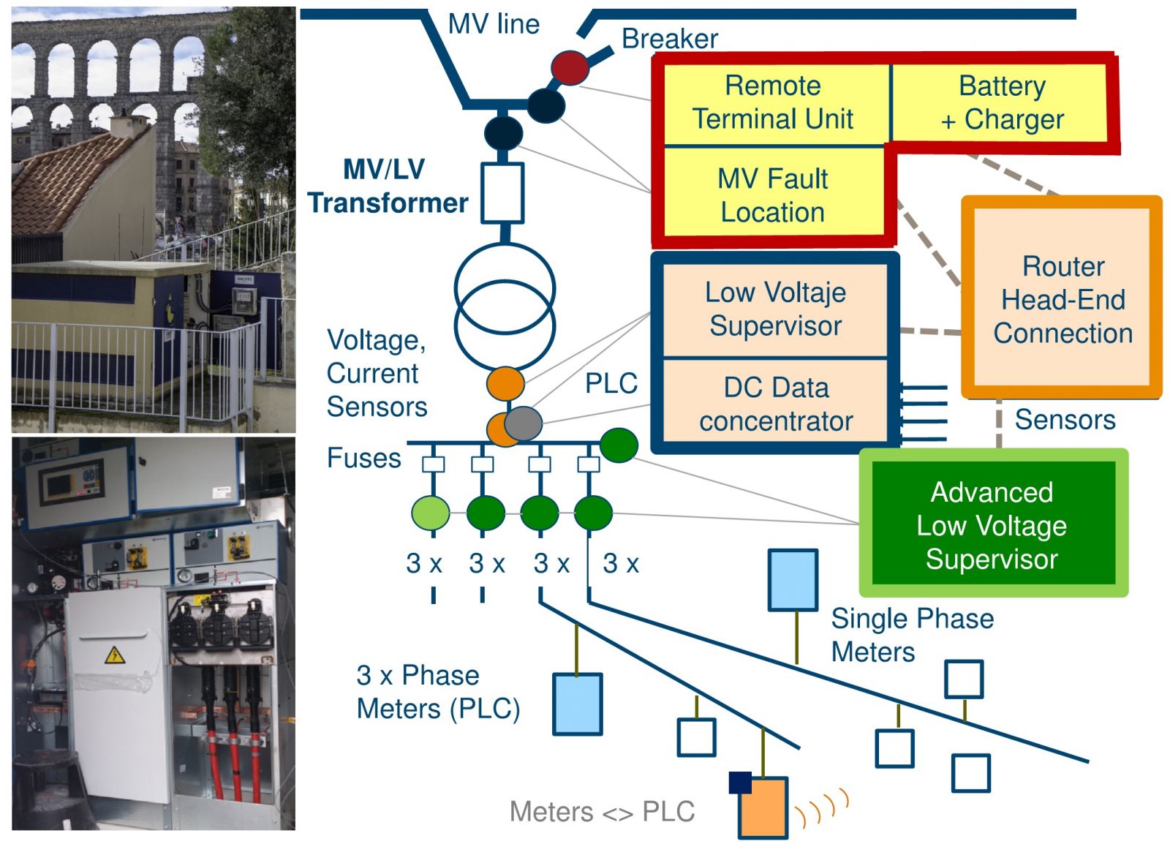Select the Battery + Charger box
(x=1000, y=102)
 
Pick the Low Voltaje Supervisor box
(x=775, y=310)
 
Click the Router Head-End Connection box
(x=1063, y=298)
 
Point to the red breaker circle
(x=570, y=68)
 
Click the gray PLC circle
(x=523, y=423)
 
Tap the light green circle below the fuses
(x=431, y=513)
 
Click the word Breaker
(x=670, y=39)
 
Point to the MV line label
(x=494, y=24)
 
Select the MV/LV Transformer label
(x=387, y=186)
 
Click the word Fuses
(x=364, y=458)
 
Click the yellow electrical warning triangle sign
(x=114, y=655)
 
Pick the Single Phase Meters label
(x=912, y=635)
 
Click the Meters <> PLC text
(x=603, y=812)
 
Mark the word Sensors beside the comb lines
(x=1065, y=419)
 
